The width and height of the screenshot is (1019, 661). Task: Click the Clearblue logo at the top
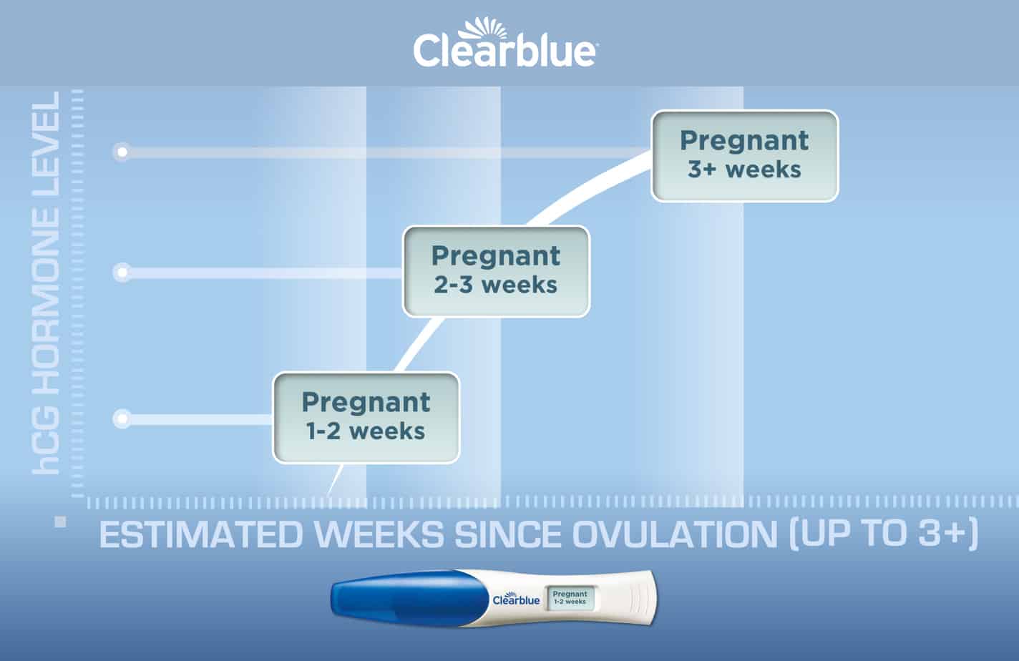pyautogui.click(x=504, y=52)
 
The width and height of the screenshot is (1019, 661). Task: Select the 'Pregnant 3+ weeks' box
pyautogui.click(x=744, y=155)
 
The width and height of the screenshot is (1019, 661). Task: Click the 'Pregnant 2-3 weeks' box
pyautogui.click(x=496, y=271)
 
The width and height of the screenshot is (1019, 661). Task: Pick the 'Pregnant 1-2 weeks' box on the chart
pyautogui.click(x=366, y=417)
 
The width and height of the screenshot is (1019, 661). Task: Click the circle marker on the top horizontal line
pyautogui.click(x=122, y=152)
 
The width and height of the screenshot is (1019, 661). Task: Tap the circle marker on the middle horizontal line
pyautogui.click(x=122, y=273)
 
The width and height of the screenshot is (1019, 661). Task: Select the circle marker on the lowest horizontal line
pyautogui.click(x=122, y=418)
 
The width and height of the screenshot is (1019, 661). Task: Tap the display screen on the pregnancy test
pyautogui.click(x=570, y=597)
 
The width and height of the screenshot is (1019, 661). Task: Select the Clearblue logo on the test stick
pyautogui.click(x=516, y=599)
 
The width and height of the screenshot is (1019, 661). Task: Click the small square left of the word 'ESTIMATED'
pyautogui.click(x=60, y=522)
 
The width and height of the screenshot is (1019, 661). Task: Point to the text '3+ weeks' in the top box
pyautogui.click(x=744, y=170)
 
